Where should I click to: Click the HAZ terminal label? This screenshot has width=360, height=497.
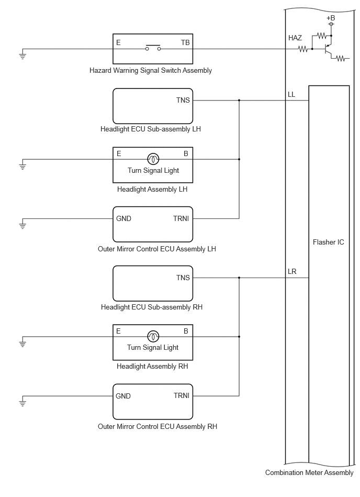[295, 38]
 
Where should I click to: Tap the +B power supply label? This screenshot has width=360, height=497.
[331, 18]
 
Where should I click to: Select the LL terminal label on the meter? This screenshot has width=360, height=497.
[291, 94]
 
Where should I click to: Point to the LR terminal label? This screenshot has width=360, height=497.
[292, 272]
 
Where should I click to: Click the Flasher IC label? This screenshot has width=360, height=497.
[328, 242]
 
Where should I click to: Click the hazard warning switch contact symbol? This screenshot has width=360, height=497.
[153, 48]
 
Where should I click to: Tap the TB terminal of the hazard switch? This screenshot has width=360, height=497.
[185, 42]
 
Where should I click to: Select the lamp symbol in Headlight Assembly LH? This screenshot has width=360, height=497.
[153, 159]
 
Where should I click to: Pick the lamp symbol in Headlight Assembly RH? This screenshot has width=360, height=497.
[153, 336]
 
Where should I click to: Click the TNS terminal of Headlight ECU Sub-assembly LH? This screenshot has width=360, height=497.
[183, 100]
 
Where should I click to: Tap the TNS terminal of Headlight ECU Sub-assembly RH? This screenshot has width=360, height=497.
[183, 278]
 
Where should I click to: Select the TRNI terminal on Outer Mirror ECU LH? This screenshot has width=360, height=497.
[181, 218]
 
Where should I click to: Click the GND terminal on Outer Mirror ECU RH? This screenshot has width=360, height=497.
[123, 396]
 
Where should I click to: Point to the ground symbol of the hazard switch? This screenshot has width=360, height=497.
[22, 56]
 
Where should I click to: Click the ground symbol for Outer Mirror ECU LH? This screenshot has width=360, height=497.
[22, 225]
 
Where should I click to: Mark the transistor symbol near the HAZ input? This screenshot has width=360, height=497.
[328, 49]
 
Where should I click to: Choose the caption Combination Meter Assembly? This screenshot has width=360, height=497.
[309, 472]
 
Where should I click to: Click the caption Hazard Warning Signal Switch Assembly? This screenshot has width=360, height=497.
[151, 70]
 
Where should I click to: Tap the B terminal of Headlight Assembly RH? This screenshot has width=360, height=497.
[186, 331]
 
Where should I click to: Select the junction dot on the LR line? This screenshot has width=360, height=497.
[239, 278]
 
